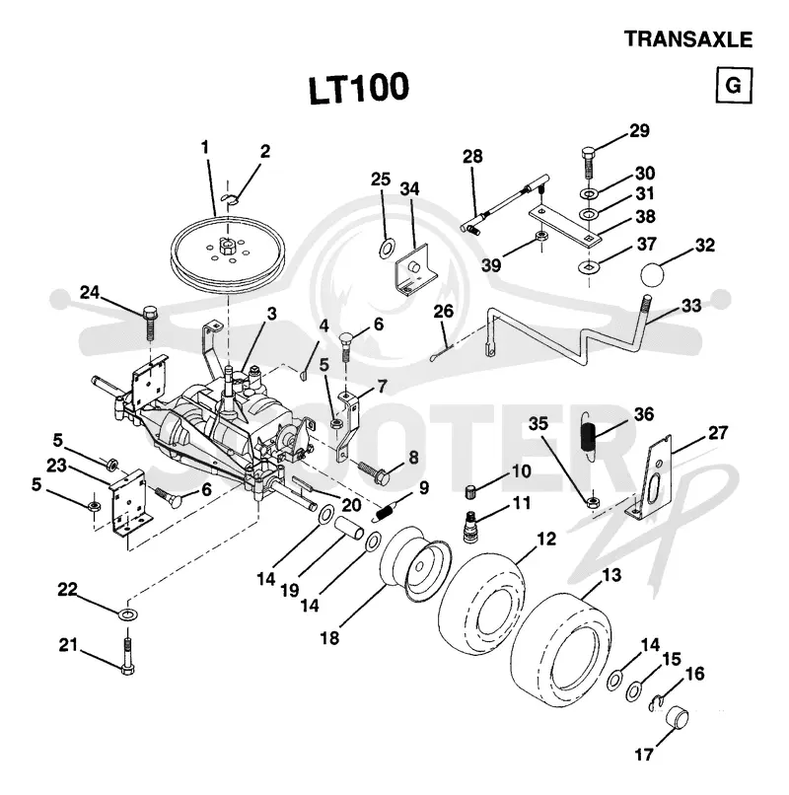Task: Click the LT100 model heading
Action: point(358,88)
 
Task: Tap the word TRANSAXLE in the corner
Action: point(688,39)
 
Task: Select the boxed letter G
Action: point(734,85)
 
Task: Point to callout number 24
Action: point(90,293)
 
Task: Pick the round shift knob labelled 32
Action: point(652,274)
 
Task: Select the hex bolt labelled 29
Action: point(588,162)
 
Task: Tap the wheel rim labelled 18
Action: point(415,564)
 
